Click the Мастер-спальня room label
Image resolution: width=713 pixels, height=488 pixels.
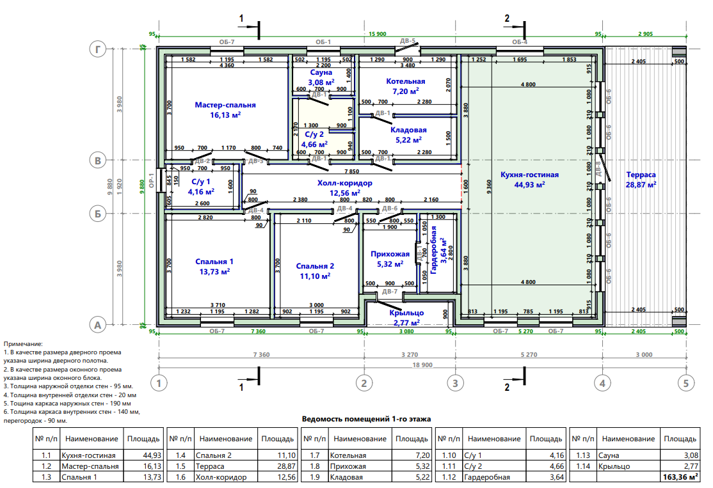click(x=225, y=105)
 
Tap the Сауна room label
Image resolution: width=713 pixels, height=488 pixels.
click(x=321, y=72)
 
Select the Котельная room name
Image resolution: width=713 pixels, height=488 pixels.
click(x=406, y=81)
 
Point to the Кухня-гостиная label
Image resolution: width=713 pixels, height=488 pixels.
click(x=529, y=175)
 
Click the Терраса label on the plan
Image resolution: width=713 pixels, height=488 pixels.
click(x=641, y=175)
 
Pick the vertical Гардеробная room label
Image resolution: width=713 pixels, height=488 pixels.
click(x=433, y=250)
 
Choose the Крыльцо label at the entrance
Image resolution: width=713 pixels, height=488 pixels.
click(x=406, y=313)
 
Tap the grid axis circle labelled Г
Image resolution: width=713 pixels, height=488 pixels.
click(x=98, y=49)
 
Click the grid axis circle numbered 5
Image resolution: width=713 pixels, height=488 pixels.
click(x=686, y=383)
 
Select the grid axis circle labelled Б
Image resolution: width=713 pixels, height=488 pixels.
click(x=98, y=213)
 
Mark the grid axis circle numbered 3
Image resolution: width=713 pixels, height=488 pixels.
click(x=455, y=383)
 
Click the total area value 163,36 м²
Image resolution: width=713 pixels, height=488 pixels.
click(x=680, y=477)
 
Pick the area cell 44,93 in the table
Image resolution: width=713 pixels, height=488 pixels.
click(x=152, y=455)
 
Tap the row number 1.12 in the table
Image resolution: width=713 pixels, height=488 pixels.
click(x=449, y=477)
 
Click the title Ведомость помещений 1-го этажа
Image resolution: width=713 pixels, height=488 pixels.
click(x=366, y=419)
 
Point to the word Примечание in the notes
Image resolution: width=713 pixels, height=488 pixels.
click(x=23, y=344)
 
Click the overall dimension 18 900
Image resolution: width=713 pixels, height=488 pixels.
click(x=422, y=365)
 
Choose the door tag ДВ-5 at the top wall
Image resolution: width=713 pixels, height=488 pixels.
click(x=408, y=41)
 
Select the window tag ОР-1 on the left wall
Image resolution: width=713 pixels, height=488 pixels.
click(x=152, y=181)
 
